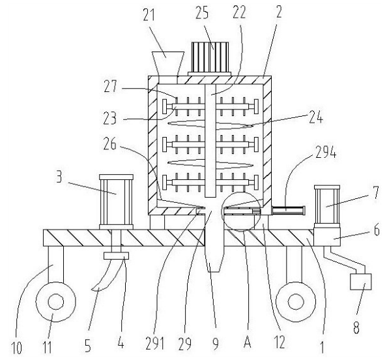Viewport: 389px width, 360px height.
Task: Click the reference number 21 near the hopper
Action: pos(149,15)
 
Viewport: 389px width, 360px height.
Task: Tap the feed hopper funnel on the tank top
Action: pos(168,64)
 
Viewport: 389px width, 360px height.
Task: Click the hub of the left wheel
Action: pos(56,302)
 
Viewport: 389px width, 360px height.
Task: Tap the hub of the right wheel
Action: pos(296,302)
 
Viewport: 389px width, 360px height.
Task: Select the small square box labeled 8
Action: pos(361,282)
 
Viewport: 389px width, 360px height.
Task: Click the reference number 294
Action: pos(326,152)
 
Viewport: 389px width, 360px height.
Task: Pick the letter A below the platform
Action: pos(248,342)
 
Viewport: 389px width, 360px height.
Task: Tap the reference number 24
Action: pos(316,117)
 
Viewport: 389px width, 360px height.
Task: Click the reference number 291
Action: pos(155,344)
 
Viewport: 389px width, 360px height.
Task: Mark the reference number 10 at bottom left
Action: pos(16,348)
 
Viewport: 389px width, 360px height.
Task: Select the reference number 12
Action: pos(280,342)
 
